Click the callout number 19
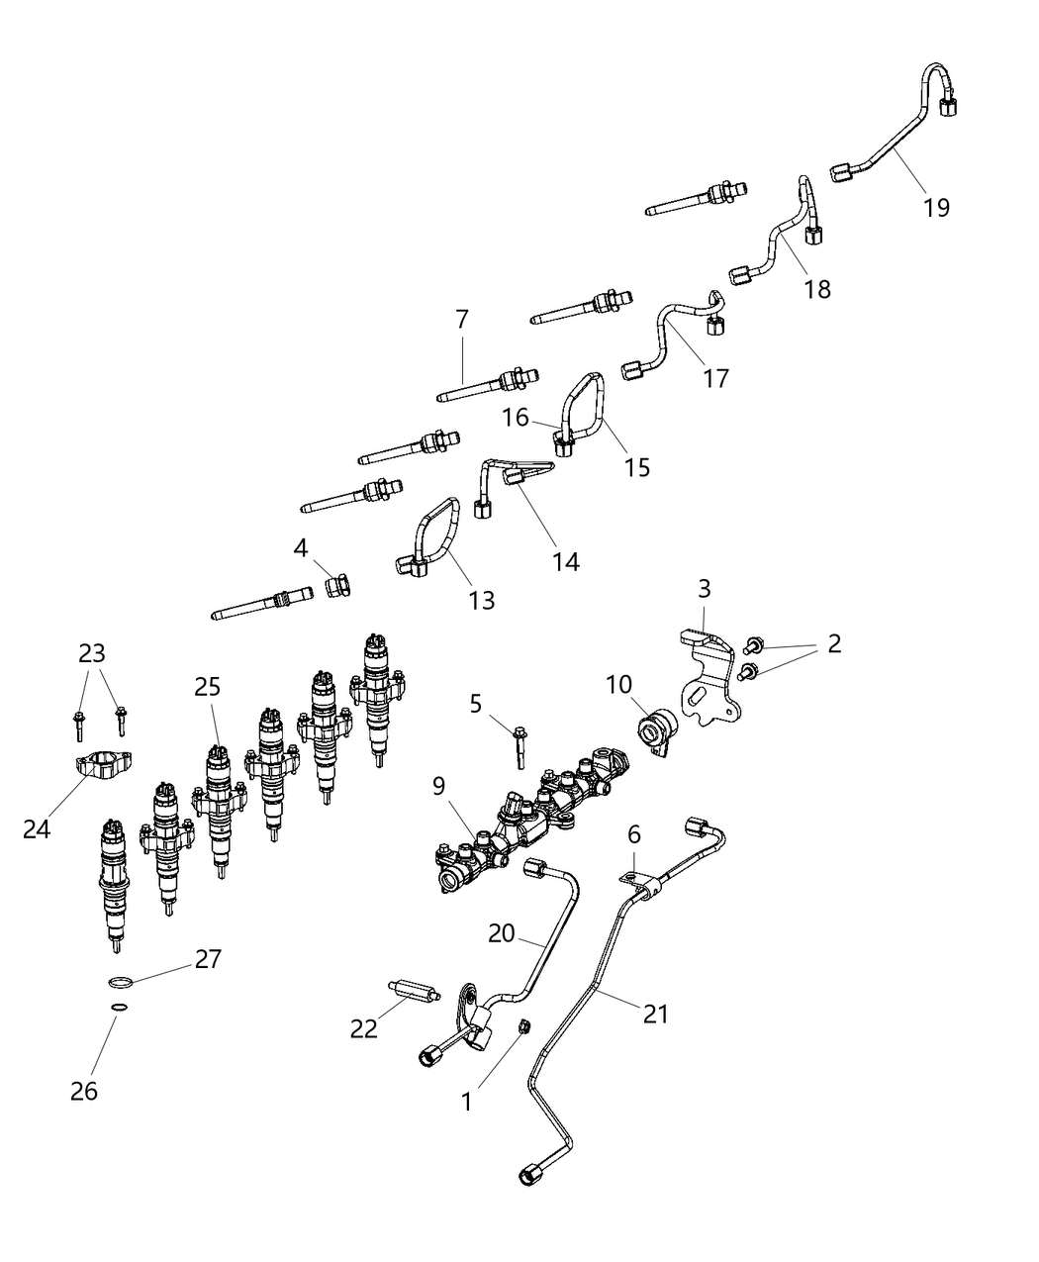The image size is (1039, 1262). (x=936, y=207)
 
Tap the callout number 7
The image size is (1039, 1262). (x=462, y=319)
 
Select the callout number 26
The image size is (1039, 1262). (x=85, y=1091)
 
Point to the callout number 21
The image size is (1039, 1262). (x=655, y=1014)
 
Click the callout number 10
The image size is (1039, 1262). (x=618, y=684)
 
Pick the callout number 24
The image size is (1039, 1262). (x=37, y=829)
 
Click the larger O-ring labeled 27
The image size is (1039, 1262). (x=119, y=982)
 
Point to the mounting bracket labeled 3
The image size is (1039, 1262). (x=709, y=683)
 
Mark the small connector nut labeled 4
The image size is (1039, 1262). (x=336, y=588)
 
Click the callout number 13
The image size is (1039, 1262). (x=482, y=600)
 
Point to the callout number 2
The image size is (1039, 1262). (x=834, y=643)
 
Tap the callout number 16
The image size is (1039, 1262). (x=516, y=417)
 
